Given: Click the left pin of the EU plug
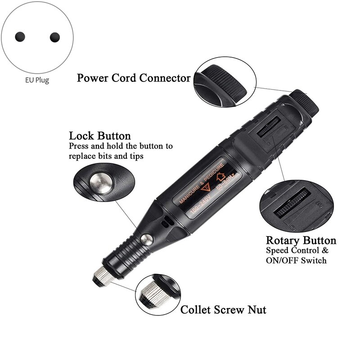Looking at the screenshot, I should [20, 37].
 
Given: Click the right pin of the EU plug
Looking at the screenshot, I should [55, 37].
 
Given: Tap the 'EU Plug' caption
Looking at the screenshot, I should [37, 81].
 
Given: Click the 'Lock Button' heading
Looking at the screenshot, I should [100, 136].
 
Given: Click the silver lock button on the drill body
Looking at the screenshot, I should [147, 240].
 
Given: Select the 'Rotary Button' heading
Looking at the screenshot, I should [301, 240].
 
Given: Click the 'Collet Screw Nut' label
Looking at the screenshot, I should [223, 310].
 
